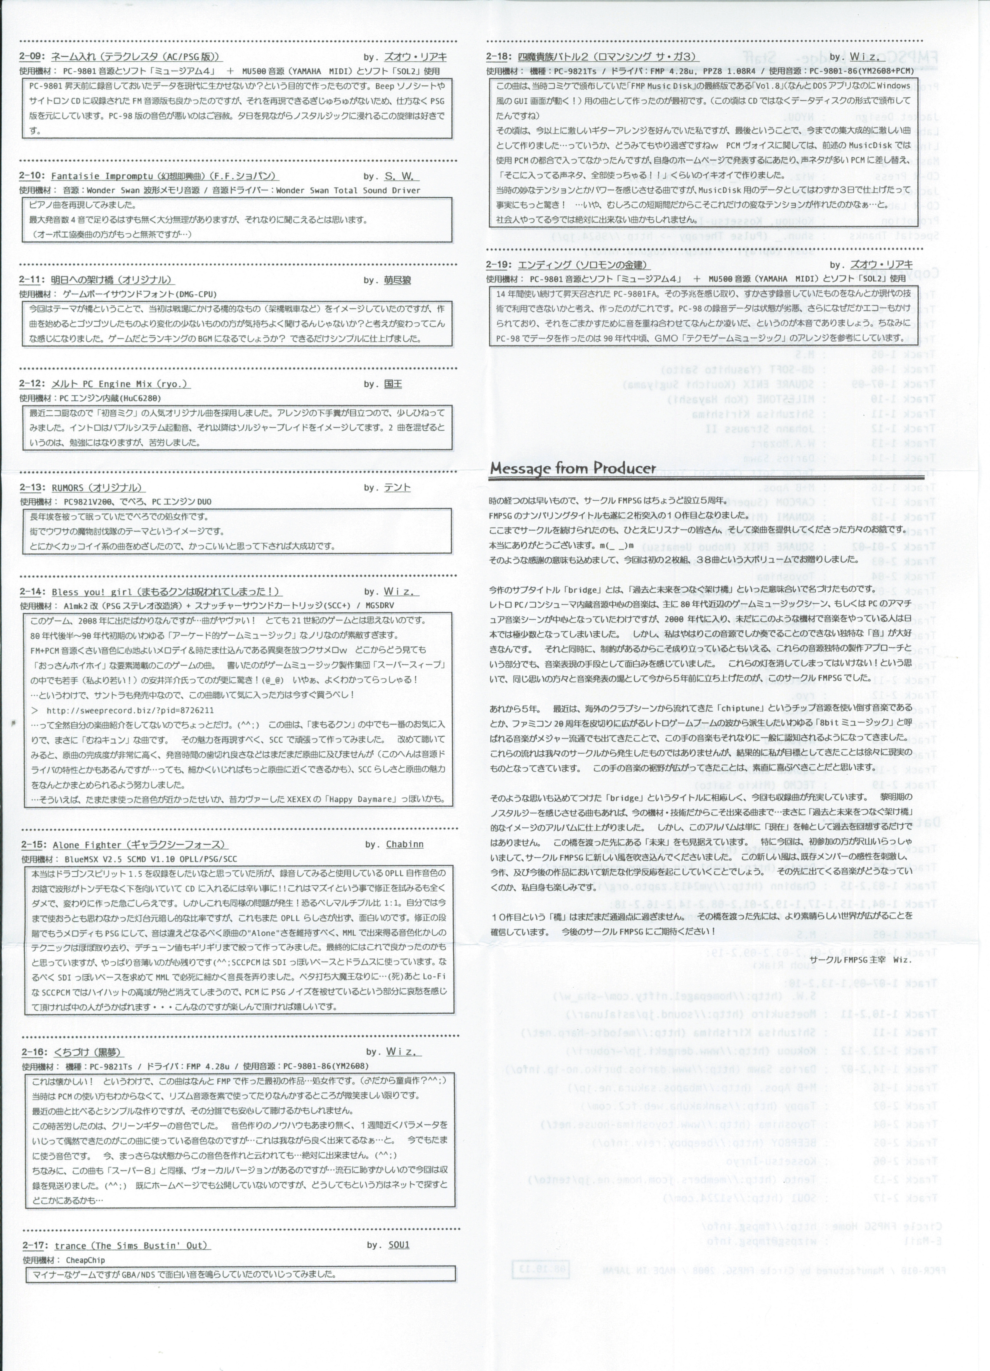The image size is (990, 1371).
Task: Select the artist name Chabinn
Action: (404, 844)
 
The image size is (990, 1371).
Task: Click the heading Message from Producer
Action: (572, 468)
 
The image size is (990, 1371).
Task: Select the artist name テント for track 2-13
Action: (397, 488)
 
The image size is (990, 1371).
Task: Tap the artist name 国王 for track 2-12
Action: (393, 384)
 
